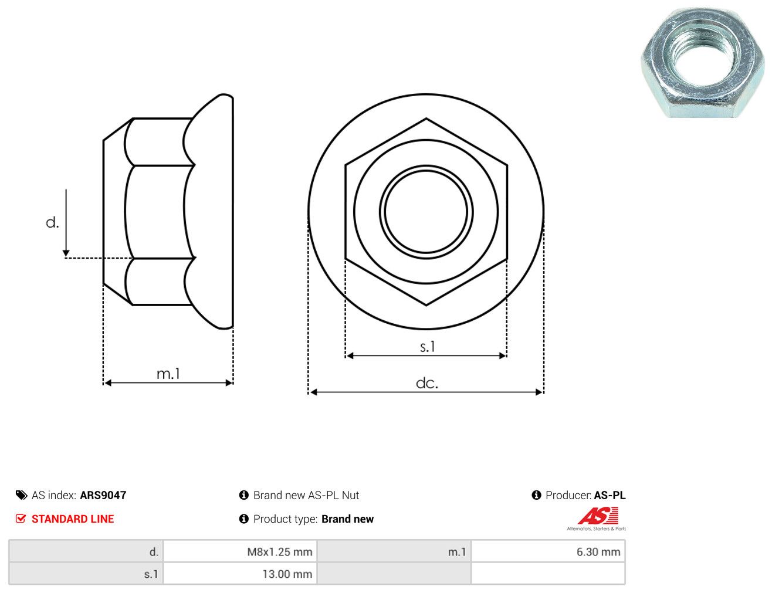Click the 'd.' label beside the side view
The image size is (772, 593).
point(52,222)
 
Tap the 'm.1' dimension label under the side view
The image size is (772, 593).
point(168,374)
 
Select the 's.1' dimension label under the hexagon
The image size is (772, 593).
point(427,346)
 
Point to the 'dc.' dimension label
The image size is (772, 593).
point(426,383)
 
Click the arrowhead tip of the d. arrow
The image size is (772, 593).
point(66,256)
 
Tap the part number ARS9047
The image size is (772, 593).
point(103,495)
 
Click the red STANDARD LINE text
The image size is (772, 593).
point(73,519)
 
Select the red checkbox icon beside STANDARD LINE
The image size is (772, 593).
point(21,519)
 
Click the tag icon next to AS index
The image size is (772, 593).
point(21,495)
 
